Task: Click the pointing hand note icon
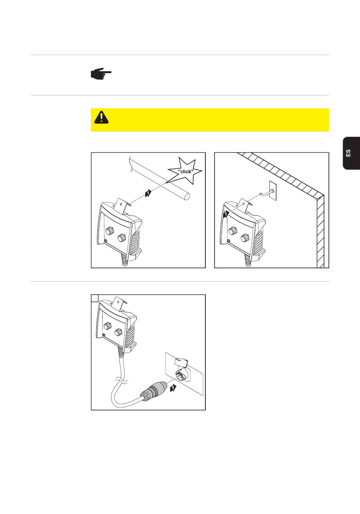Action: [101, 74]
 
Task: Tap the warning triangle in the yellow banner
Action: [101, 117]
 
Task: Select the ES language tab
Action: [351, 153]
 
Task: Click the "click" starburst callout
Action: [185, 171]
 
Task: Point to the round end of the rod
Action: [187, 196]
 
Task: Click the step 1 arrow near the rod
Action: [148, 193]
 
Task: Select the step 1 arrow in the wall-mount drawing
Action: [226, 214]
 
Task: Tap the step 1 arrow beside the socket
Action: [173, 388]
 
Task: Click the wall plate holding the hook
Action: [273, 191]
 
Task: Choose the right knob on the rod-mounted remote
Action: [122, 238]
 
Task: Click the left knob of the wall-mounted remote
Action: [233, 230]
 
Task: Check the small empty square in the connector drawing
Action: [95, 298]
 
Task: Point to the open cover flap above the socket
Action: [182, 362]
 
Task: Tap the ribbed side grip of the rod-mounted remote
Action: [135, 241]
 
